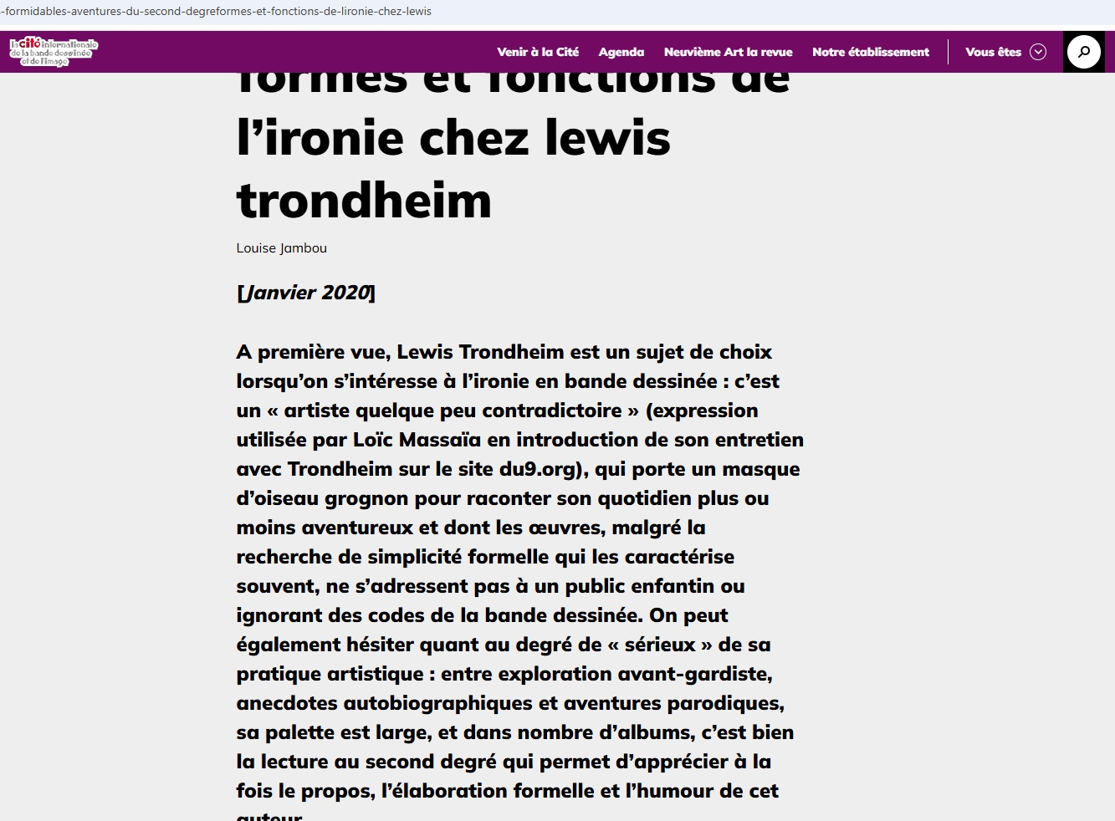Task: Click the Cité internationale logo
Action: [x=54, y=52]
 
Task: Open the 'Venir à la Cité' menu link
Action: [x=538, y=52]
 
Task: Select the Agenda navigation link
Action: [x=621, y=52]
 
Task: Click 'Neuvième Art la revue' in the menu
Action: [x=728, y=52]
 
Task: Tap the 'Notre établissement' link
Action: [x=871, y=52]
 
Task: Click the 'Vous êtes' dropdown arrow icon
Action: [x=1038, y=52]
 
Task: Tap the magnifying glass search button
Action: [x=1084, y=52]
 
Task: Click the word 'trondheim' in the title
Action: [x=364, y=201]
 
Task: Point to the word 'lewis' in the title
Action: [x=607, y=138]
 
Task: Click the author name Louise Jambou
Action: [x=281, y=248]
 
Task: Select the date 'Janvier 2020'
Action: [x=306, y=293]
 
